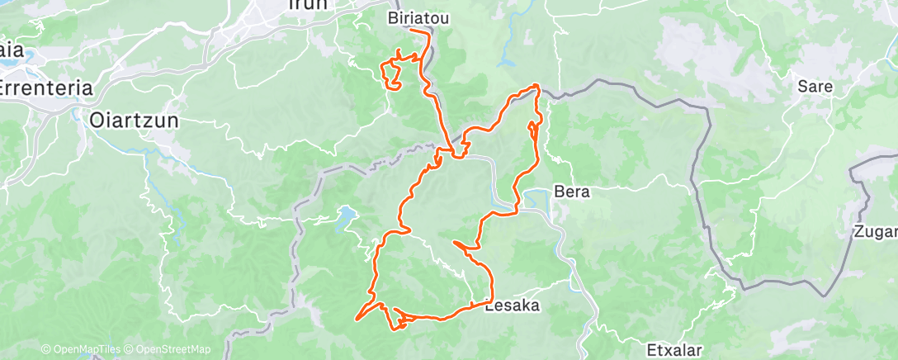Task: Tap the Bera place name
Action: (572, 192)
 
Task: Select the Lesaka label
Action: (512, 306)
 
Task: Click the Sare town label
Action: (815, 86)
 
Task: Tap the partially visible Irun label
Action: (306, 5)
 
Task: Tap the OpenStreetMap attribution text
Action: (169, 350)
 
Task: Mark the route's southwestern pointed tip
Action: (357, 319)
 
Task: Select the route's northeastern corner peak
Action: (537, 86)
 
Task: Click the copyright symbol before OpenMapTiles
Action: (45, 350)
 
